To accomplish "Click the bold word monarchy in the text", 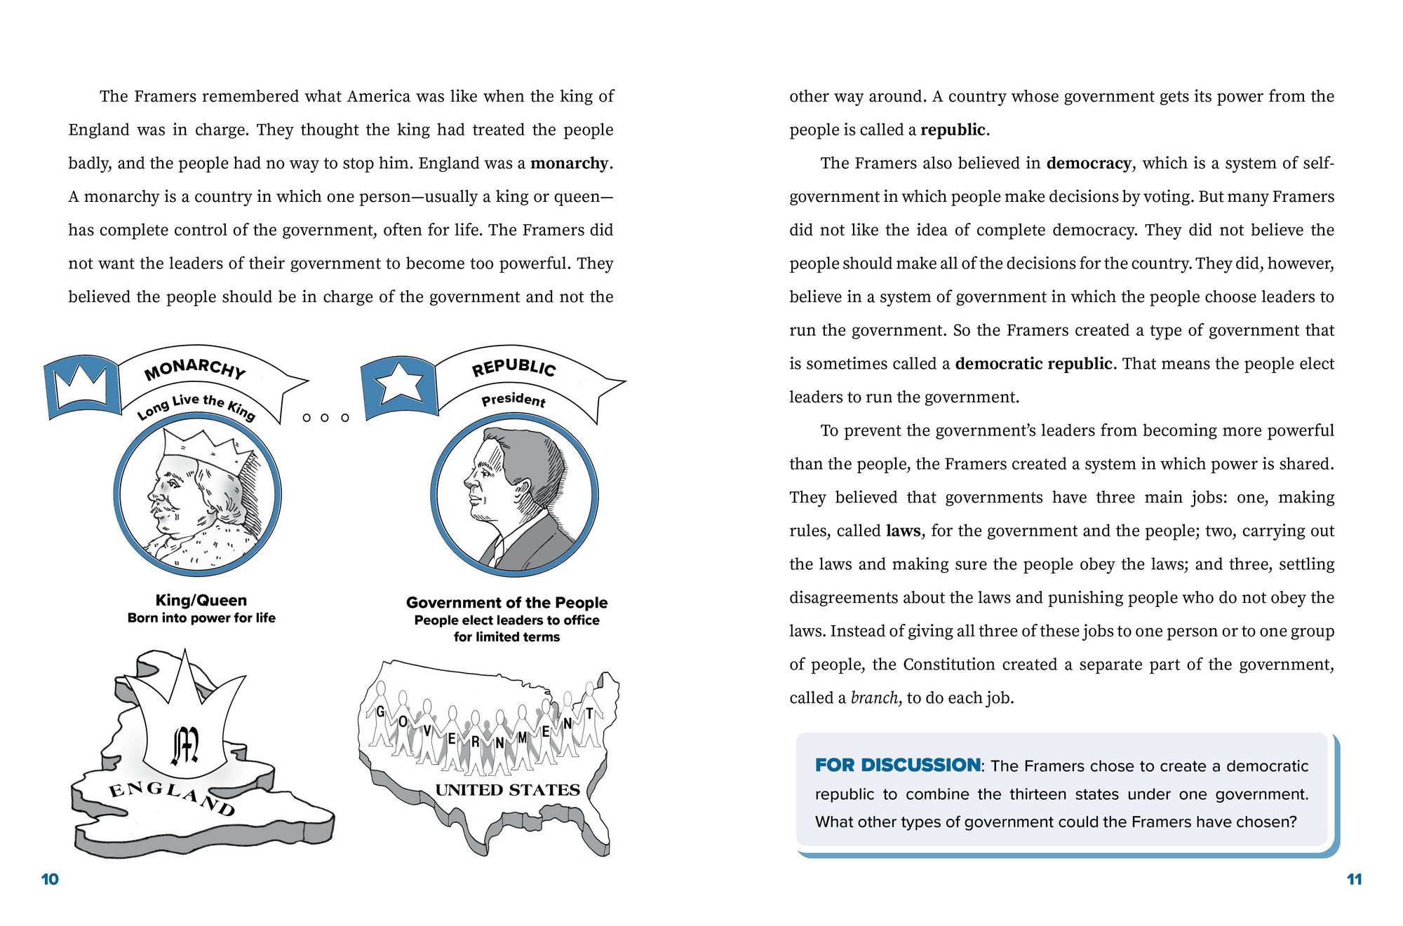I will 570,163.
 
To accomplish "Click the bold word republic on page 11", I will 953,130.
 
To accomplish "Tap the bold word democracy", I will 1088,163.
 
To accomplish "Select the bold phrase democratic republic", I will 1033,364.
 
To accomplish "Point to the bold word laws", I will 903,531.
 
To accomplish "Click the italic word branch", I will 873,698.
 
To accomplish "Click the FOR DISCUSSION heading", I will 897,765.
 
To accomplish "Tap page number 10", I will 50,879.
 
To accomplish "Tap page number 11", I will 1354,879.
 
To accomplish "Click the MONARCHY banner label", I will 194,369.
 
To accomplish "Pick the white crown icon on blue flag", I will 81,387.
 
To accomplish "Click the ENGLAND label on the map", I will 172,800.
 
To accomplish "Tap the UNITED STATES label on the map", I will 507,790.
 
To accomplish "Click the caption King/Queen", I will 201,600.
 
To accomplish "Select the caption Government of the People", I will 506,602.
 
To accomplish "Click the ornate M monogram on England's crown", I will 185,745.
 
